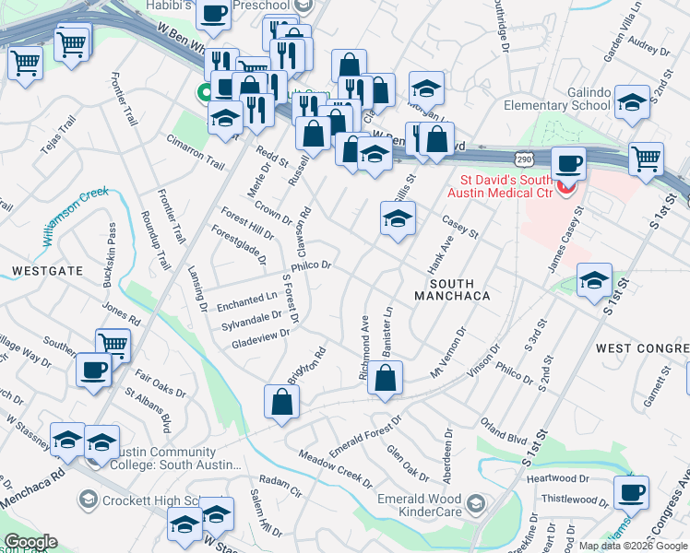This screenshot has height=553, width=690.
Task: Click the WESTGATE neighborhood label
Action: click(47, 271)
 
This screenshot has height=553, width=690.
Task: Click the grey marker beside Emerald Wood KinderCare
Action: click(474, 503)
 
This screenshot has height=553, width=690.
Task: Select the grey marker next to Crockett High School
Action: click(88, 500)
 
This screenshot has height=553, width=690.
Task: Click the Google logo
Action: click(30, 542)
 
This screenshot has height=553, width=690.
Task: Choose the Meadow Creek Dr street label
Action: click(335, 468)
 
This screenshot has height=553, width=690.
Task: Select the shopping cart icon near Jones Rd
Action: click(113, 345)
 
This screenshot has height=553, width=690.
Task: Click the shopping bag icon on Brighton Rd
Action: click(281, 402)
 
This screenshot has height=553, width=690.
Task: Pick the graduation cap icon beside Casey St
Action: click(398, 219)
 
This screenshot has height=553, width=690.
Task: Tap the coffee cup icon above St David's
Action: click(569, 164)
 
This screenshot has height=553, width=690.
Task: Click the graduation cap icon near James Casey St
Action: click(595, 280)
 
